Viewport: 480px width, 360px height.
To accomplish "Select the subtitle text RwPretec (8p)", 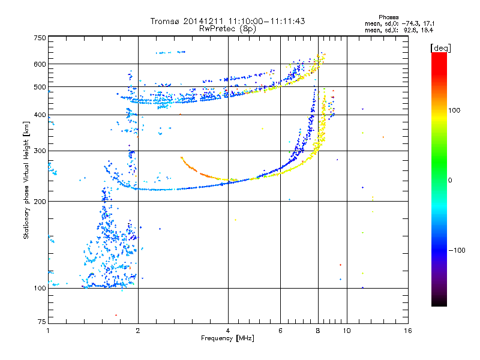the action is (227, 29).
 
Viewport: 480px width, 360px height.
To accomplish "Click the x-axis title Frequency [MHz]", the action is (227, 338).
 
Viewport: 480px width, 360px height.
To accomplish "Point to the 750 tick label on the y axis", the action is (40, 38).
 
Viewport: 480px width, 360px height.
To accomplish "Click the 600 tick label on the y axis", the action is (40, 64).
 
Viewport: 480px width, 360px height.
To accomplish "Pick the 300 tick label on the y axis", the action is (40, 151).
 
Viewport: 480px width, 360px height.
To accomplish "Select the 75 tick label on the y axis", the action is (42, 322).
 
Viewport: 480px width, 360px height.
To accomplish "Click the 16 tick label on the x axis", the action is (408, 331).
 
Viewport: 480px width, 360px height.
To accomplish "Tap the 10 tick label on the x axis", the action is (347, 331).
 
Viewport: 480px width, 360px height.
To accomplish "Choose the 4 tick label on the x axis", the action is (228, 331).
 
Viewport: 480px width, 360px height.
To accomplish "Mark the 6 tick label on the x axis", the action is (280, 331).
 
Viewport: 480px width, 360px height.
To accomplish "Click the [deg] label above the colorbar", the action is (441, 48).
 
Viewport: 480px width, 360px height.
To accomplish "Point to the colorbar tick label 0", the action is (450, 181).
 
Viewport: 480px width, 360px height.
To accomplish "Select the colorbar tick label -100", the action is (457, 250).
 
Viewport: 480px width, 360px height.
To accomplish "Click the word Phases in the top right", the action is (388, 17).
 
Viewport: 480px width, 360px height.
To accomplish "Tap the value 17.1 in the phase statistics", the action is (428, 23).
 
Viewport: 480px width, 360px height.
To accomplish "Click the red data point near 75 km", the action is (116, 315).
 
